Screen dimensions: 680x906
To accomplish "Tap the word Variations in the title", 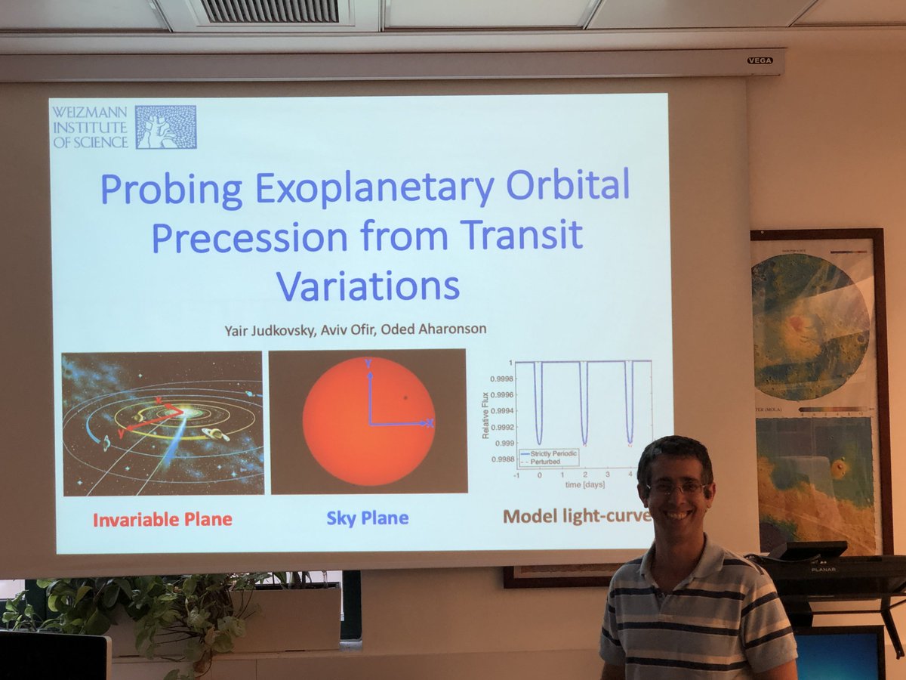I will [x=367, y=286].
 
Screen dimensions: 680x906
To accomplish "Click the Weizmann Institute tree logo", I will [x=165, y=127].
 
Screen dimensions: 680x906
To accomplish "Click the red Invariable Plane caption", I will [x=162, y=519].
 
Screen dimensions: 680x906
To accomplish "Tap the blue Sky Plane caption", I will [x=368, y=518].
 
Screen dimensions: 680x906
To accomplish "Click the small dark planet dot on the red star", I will [x=405, y=397].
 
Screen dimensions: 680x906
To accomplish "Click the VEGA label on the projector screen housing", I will [x=759, y=60].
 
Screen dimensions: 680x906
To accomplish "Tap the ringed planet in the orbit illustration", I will [x=215, y=434].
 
